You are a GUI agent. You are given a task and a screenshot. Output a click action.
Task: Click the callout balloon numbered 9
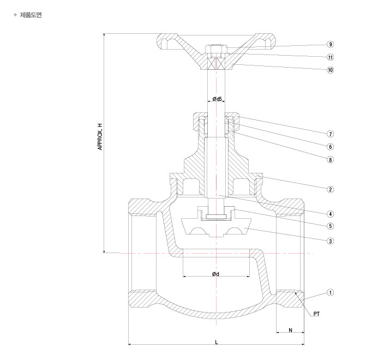point(331,44)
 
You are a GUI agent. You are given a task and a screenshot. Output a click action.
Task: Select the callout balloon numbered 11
point(331,57)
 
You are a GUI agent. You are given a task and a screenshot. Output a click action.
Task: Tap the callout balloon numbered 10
point(331,70)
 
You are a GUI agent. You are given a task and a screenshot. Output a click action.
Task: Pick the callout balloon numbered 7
point(331,134)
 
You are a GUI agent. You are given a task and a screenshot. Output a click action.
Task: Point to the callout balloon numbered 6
point(331,147)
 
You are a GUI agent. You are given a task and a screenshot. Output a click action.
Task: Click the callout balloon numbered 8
point(331,160)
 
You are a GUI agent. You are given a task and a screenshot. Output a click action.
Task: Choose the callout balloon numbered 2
point(331,189)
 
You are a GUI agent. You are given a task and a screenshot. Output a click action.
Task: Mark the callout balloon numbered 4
point(331,214)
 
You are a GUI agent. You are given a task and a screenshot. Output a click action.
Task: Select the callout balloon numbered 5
point(331,226)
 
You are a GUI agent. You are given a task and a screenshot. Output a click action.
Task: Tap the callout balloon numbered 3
point(331,241)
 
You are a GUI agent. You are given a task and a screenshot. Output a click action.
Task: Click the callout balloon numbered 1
point(331,292)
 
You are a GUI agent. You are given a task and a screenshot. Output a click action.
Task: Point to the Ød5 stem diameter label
point(217,99)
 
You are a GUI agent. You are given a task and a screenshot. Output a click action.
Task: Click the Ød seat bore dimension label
point(215,274)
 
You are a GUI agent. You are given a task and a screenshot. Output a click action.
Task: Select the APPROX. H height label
point(100,136)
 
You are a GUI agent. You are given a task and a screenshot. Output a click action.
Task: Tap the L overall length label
point(217,343)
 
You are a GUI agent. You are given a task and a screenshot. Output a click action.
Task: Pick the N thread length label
point(290,330)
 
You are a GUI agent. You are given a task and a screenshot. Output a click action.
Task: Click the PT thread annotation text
point(316,314)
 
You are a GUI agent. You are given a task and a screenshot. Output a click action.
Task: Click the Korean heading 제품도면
point(31,15)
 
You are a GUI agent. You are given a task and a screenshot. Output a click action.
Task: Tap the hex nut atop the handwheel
point(216,49)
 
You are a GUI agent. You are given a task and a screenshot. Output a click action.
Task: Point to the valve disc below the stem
point(216,227)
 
